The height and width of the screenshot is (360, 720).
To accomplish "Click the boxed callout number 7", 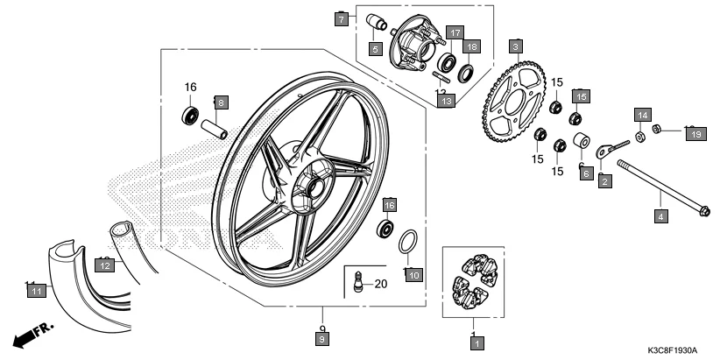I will coord(342,18).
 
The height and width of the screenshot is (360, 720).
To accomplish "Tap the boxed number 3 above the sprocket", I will coord(516,45).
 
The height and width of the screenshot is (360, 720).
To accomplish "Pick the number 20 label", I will coord(380,283).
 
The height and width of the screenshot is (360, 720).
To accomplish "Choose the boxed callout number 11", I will coord(36,290).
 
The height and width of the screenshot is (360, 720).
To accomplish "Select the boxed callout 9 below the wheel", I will coord(321,338).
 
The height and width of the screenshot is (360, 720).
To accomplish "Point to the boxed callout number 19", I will coord(695,134).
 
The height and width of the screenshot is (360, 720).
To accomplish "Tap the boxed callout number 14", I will coord(642,116).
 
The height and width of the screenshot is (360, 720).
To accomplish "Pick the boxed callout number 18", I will coord(472,46).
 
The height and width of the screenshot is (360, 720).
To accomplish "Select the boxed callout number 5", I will coord(374,48).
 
